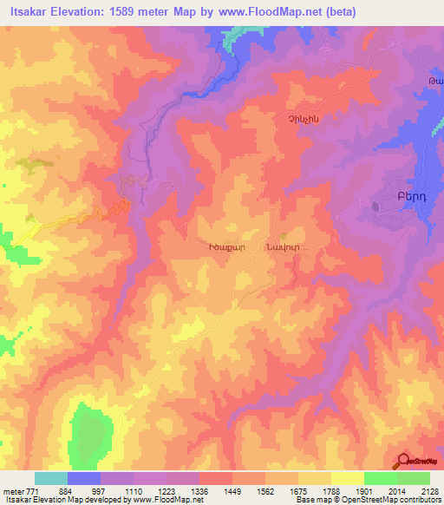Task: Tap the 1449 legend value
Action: (x=233, y=490)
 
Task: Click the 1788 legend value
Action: (x=331, y=490)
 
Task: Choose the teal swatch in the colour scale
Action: (x=50, y=478)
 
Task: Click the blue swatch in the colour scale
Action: (x=83, y=478)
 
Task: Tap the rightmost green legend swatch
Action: (x=413, y=478)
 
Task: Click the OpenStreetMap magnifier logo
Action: (x=403, y=460)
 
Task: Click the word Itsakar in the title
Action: (x=29, y=12)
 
